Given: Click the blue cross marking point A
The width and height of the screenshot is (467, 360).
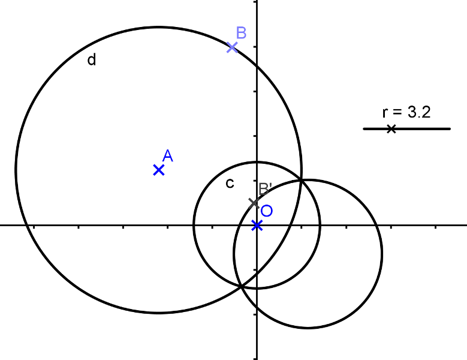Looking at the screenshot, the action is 159,170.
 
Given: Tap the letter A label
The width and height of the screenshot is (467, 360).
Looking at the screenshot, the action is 168,156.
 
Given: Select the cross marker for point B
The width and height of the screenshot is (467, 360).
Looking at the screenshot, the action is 233,47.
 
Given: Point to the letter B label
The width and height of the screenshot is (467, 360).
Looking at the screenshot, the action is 241,32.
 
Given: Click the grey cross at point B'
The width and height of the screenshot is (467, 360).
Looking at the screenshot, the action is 254,203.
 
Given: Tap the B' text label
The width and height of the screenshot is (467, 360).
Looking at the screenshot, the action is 266,188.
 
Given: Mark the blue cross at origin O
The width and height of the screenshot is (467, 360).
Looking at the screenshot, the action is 257,226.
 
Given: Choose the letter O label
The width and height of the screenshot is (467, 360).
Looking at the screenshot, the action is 267,211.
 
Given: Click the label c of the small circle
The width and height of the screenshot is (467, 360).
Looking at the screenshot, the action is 229,184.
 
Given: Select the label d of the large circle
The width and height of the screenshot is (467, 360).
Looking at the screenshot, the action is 92,60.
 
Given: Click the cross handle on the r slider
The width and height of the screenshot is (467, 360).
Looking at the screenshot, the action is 391,128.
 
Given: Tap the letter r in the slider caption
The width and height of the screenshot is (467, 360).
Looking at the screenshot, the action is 385,112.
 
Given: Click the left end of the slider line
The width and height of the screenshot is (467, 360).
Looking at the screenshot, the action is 364,128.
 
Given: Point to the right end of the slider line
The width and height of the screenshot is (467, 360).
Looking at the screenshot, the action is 450,128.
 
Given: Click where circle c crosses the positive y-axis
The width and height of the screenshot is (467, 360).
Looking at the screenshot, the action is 257,162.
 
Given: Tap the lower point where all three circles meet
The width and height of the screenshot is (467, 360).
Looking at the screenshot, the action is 242,286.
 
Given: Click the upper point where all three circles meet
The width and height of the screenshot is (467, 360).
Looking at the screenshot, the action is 302,180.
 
